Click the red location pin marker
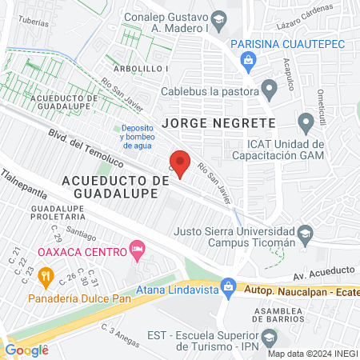pyautogui.click(x=180, y=163)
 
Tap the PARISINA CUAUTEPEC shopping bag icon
pyautogui.click(x=249, y=58)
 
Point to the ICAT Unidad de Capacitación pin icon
pyautogui.click(x=305, y=123)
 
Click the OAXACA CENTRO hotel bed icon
pyautogui.click(x=137, y=251)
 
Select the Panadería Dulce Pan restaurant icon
pyautogui.click(x=46, y=278)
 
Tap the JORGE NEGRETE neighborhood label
pyautogui.click(x=218, y=123)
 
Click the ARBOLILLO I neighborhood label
pyautogui.click(x=140, y=69)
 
